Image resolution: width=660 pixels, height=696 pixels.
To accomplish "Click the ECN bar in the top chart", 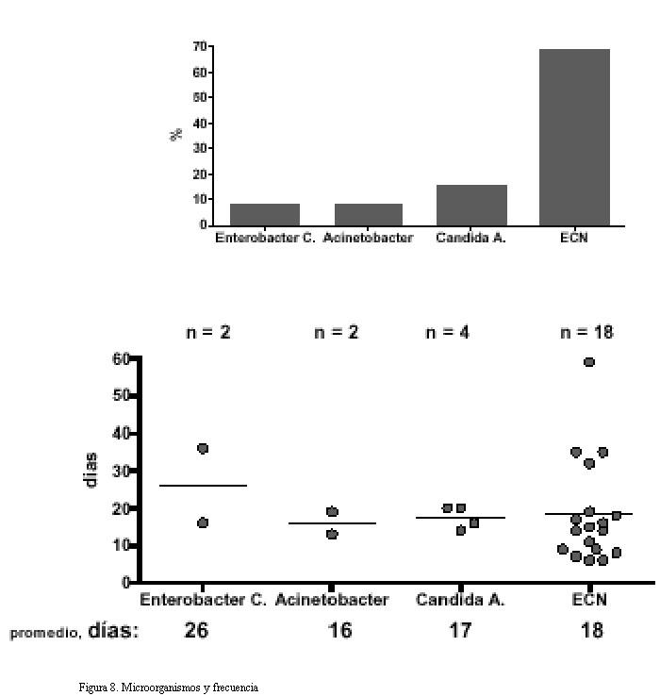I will click(574, 137).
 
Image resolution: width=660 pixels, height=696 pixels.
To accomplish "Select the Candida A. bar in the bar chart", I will click(471, 205).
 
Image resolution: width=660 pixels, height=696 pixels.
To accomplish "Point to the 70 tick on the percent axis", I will click(200, 46).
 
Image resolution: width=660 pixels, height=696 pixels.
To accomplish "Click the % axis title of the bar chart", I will click(176, 135).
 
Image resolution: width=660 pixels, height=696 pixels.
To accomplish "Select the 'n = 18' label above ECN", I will click(587, 332).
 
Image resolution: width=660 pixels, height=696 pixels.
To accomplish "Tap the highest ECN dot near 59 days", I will click(589, 362).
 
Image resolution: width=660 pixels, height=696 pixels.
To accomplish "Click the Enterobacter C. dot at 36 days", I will click(203, 448).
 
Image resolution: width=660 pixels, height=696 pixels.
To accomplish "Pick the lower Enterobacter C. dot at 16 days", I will click(203, 522).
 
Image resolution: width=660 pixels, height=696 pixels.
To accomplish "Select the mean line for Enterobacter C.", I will click(204, 486).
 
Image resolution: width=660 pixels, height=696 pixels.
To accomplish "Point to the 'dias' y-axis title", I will click(92, 470).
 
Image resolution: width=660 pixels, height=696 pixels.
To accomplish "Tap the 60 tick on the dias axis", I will click(121, 358).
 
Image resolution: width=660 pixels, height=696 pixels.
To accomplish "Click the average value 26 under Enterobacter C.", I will click(196, 630).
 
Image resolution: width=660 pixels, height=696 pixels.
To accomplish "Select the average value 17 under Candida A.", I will click(459, 630).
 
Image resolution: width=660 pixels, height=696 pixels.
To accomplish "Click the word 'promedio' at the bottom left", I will click(43, 634).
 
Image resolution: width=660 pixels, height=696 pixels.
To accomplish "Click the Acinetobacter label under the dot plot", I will click(332, 600).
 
